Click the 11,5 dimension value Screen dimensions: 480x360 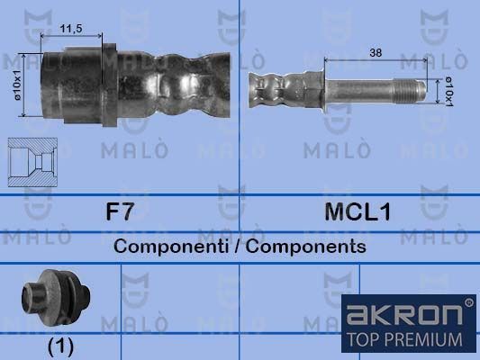[71, 29]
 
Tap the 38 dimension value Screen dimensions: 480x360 [376, 52]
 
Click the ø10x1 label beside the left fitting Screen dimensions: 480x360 [17, 85]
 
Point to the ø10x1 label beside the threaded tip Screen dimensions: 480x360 [449, 92]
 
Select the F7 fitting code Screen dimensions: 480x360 [120, 211]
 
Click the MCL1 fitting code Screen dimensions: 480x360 [358, 211]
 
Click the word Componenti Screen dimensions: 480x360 [171, 247]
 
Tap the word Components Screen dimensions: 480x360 [306, 247]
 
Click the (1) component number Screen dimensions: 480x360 [61, 346]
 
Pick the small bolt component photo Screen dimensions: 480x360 [56, 298]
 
